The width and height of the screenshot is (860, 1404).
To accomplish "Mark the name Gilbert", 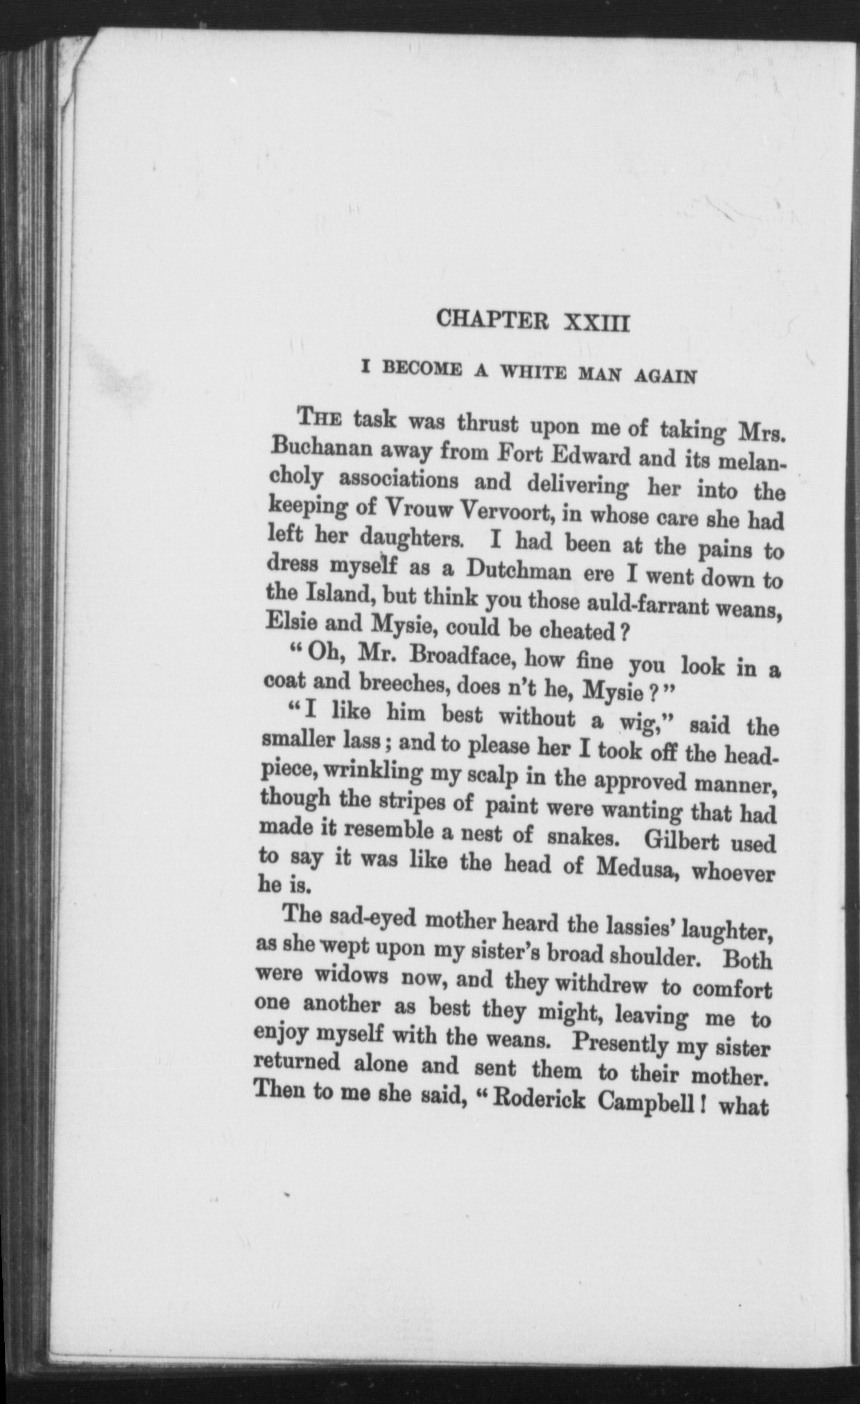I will (688, 840).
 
